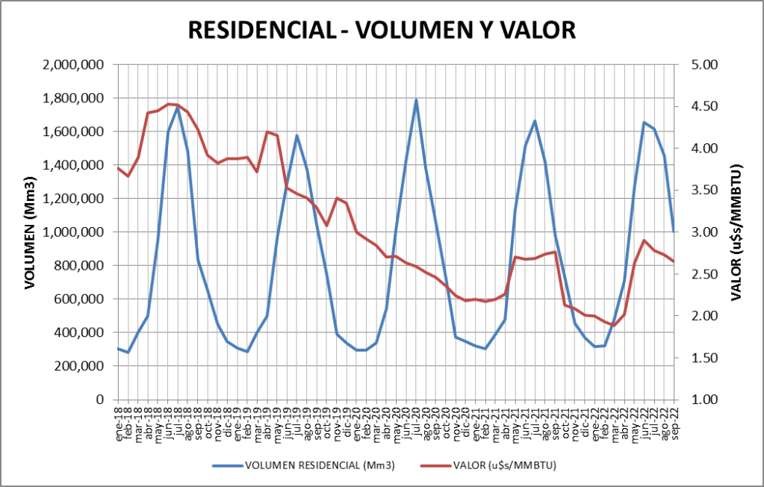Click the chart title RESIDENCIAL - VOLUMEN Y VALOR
point(382,30)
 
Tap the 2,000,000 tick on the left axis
point(73,65)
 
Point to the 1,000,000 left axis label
point(73,232)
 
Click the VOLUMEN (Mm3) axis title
point(31,233)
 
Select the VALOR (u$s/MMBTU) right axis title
point(736,232)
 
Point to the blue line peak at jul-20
point(416,100)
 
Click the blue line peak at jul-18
point(178,108)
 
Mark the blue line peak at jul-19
point(296,136)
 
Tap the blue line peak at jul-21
point(535,121)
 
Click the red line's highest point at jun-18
point(168,104)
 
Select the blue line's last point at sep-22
point(674,231)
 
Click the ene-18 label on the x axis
point(119,424)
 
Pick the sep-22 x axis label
point(674,424)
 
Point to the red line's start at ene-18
point(118,168)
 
